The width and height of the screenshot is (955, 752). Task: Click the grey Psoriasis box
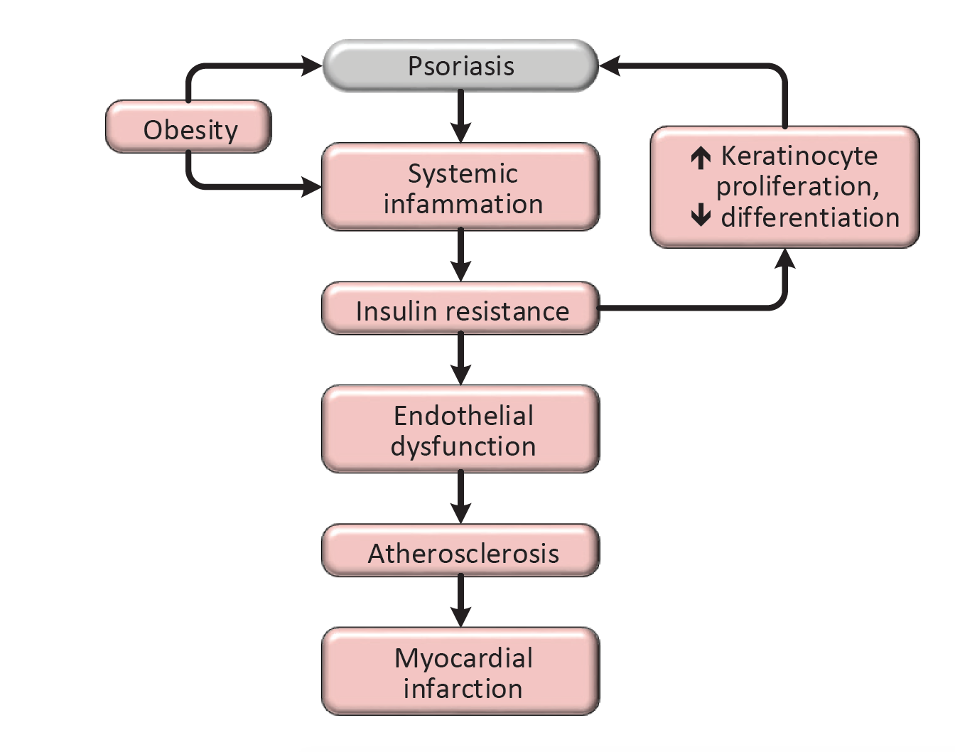point(460,66)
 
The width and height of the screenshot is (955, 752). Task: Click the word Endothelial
point(463,416)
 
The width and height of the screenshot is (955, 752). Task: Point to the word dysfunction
point(463,446)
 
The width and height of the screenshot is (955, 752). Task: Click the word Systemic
point(463,173)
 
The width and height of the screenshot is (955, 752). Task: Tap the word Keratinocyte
point(799,156)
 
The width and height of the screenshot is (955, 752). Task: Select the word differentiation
point(810,217)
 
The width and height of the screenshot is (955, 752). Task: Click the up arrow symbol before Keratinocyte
point(701,157)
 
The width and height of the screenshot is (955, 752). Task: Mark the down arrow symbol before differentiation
point(701,215)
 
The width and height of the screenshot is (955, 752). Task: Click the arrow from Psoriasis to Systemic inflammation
point(461,116)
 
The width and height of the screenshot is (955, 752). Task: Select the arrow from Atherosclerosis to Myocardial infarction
point(461,601)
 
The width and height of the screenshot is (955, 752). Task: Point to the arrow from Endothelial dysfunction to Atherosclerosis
point(461,498)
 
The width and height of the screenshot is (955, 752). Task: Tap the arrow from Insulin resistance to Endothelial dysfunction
point(461,359)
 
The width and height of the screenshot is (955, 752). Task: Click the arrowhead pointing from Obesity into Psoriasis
point(312,66)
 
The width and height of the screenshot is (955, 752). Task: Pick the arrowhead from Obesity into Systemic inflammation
point(312,187)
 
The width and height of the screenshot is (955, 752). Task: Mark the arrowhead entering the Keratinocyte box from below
point(785,259)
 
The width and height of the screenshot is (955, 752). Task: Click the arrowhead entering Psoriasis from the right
point(610,66)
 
